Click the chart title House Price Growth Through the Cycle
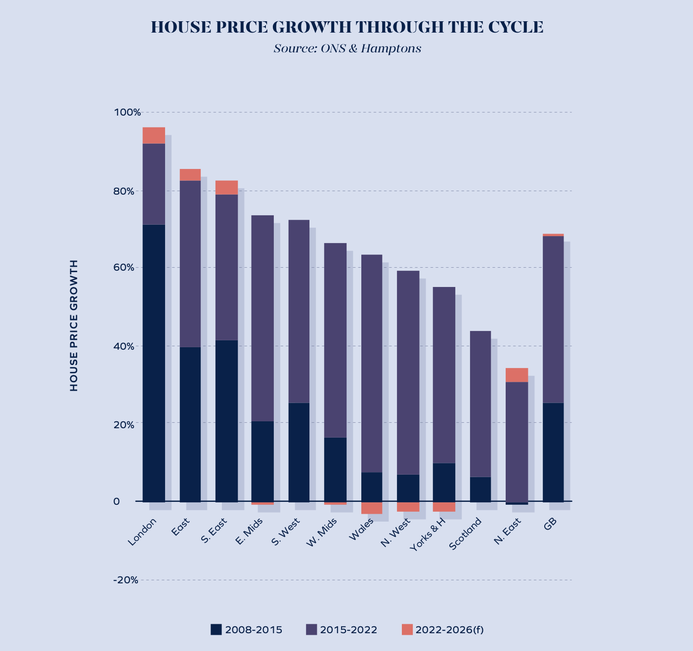[346, 27]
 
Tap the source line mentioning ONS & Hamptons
[347, 49]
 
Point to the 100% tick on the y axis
[128, 113]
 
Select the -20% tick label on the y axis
[126, 580]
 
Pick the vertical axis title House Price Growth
[74, 325]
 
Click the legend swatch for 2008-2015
[216, 629]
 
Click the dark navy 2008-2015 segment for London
[154, 363]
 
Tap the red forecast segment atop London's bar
[154, 135]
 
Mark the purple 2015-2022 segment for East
[190, 264]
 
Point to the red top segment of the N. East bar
[517, 375]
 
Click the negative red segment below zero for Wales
[372, 508]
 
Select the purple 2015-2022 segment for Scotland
[480, 404]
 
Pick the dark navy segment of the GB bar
[553, 452]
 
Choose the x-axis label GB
[550, 525]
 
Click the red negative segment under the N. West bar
[408, 507]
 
